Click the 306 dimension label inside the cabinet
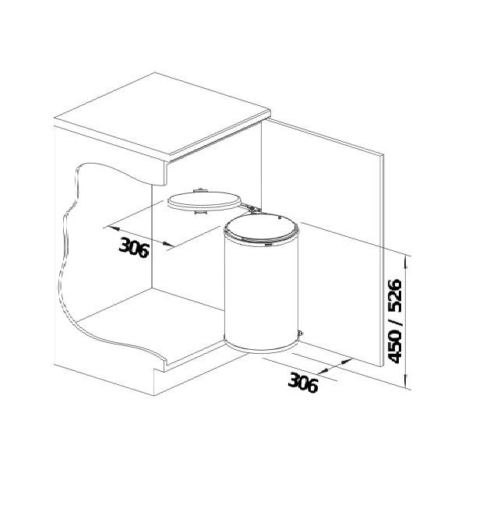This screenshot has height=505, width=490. [x=134, y=245]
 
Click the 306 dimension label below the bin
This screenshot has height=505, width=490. [x=303, y=382]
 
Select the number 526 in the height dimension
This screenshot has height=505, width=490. [x=394, y=296]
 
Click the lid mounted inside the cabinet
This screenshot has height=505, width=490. [x=203, y=200]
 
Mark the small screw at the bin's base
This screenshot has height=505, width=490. [x=301, y=335]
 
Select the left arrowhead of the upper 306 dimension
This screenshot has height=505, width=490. [x=110, y=228]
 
